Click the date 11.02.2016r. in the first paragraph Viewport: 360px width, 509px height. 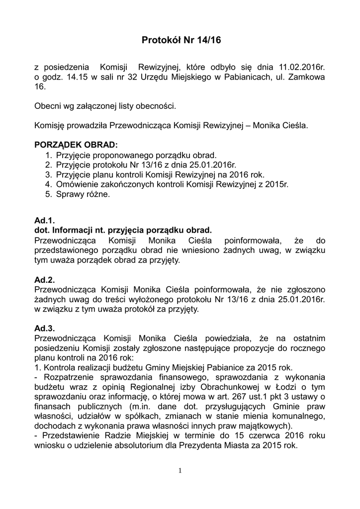(x=295, y=67)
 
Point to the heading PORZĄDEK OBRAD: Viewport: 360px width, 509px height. (x=76, y=145)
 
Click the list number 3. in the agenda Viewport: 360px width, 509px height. (x=48, y=174)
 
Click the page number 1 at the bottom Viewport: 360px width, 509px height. (x=180, y=470)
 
